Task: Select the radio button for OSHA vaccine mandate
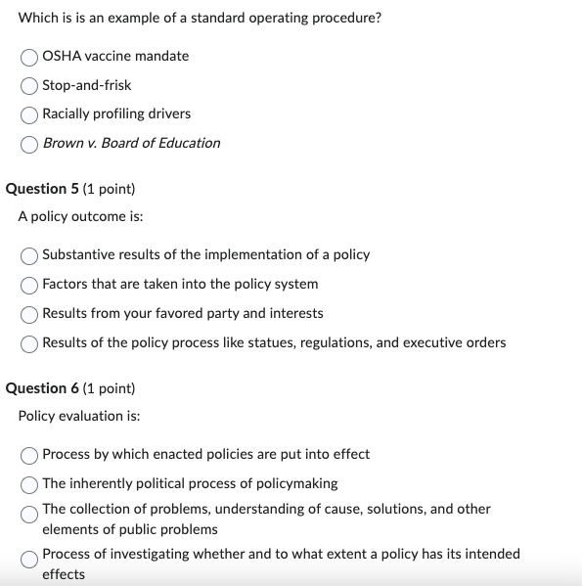tap(30, 57)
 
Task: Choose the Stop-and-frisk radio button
tap(30, 85)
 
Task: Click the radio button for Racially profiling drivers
tap(30, 114)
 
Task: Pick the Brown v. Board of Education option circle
tap(30, 144)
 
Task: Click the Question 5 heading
tap(70, 188)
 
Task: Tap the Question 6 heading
tap(70, 388)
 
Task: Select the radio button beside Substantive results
tap(30, 255)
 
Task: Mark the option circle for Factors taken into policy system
tap(30, 285)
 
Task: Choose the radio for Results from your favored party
tap(30, 314)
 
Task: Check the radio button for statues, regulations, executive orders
tap(30, 343)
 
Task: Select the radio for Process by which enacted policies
tap(30, 455)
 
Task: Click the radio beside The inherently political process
tap(30, 484)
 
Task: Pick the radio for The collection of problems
tap(30, 512)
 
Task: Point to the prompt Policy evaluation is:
tap(79, 416)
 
